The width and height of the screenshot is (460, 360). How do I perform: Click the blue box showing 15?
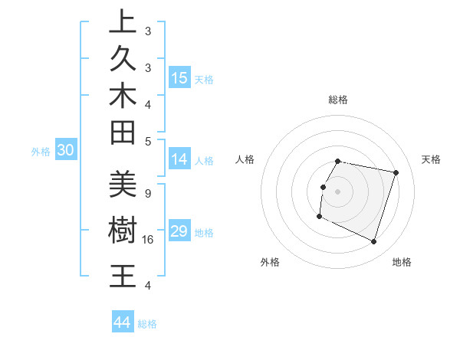pos(179,78)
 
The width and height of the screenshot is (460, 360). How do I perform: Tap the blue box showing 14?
pos(179,159)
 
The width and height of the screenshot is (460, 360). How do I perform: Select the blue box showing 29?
pos(179,231)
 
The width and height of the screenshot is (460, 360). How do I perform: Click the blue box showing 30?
pos(65,151)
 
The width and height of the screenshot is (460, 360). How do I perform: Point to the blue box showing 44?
pos(122,322)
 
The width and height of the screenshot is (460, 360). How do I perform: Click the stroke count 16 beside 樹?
pos(149,240)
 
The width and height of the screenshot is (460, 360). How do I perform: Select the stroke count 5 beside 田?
pos(148,141)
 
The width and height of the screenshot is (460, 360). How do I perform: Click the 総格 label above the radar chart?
pos(338,100)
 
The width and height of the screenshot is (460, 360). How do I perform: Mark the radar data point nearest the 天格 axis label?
pos(396,173)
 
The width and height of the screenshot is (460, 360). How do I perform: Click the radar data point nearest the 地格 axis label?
pos(373,242)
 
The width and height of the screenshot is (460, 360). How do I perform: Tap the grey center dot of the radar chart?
pos(338,191)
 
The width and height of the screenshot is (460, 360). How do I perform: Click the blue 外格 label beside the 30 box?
pos(41,152)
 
